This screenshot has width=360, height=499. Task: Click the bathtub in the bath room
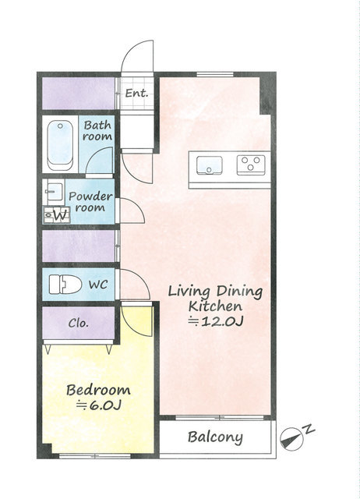(60, 146)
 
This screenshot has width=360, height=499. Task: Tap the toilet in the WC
(65, 284)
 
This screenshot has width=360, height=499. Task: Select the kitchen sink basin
(210, 165)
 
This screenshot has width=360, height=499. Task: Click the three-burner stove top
(251, 165)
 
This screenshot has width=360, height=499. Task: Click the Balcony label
(215, 437)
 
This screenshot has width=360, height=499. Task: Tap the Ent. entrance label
(136, 94)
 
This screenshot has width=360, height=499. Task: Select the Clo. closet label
(78, 324)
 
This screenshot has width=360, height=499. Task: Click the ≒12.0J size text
(216, 321)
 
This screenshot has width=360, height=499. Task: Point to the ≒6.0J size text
(99, 405)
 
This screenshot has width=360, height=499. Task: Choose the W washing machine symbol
(57, 215)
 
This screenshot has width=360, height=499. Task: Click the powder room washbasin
(55, 191)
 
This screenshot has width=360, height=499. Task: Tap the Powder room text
(90, 202)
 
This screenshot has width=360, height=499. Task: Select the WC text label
(98, 285)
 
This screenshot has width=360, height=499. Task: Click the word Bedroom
(99, 390)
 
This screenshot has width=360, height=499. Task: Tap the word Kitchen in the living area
(215, 306)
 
